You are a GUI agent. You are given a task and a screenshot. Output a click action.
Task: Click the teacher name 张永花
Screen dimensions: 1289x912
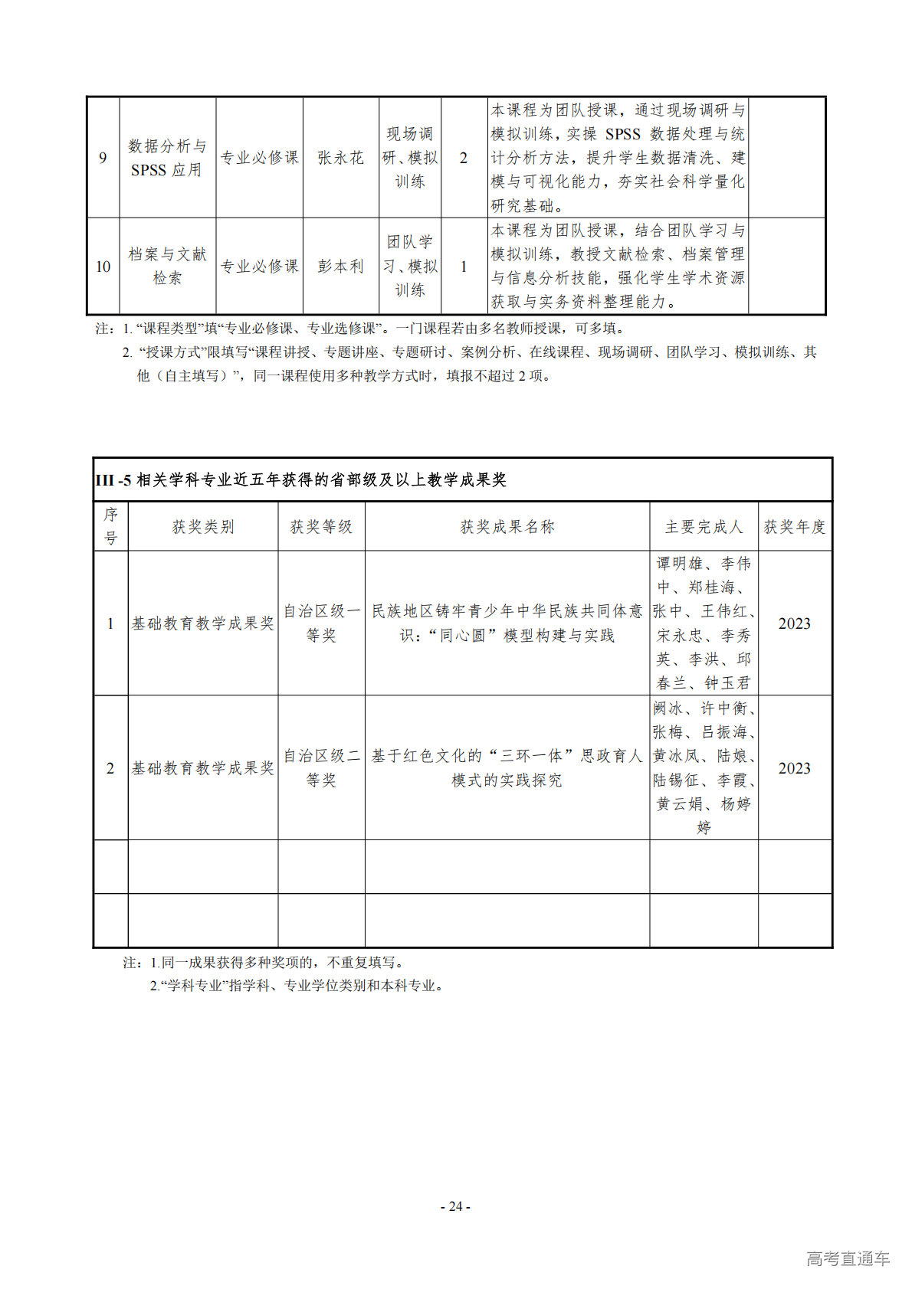pos(340,158)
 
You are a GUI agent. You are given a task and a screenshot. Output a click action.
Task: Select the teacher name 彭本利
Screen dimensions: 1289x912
pos(340,267)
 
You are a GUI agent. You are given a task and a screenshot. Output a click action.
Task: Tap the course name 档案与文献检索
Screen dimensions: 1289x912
pos(167,266)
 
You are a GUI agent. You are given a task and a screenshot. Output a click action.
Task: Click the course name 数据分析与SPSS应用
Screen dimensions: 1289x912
pos(167,158)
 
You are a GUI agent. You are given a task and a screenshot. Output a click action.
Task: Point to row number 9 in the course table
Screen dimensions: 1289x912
pos(103,158)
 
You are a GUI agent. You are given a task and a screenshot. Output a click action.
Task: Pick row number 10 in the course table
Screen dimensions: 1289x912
pos(103,267)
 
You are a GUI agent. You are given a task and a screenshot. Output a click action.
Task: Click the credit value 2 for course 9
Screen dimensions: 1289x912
pos(463,158)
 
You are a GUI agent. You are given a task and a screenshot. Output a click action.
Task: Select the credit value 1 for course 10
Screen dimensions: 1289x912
pos(463,267)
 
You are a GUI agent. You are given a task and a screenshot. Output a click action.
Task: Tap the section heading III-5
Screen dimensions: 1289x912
pos(300,480)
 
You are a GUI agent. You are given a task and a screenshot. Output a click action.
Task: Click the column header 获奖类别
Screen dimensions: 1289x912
pos(202,527)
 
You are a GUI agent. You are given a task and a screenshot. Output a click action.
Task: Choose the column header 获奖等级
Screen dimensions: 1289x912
pos(321,527)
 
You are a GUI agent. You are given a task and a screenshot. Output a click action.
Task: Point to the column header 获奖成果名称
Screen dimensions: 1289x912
pos(507,527)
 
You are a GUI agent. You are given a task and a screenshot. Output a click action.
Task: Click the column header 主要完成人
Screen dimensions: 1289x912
pos(704,527)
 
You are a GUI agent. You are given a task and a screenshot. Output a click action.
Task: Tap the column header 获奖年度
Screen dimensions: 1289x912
pos(795,527)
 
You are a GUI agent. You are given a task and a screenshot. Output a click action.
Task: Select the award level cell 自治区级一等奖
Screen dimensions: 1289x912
pos(321,623)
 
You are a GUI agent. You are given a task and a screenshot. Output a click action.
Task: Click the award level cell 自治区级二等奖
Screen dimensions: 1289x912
pos(321,768)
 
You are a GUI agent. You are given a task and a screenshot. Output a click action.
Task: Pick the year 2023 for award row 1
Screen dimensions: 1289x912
pos(794,623)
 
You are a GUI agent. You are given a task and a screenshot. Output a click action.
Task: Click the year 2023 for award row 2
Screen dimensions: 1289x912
pos(794,768)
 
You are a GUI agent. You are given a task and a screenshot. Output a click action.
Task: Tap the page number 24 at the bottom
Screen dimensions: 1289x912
pos(455,1206)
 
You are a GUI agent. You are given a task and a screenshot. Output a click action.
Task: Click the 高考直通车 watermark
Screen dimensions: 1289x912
pos(848,1258)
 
